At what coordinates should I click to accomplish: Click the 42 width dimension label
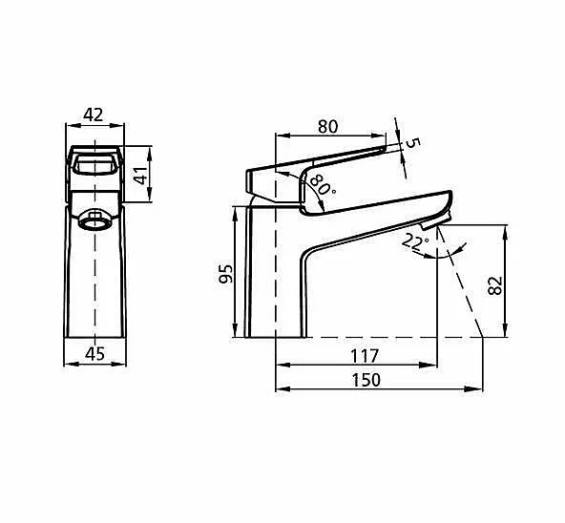pyautogui.click(x=94, y=115)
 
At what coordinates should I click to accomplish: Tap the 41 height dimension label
pyautogui.click(x=141, y=176)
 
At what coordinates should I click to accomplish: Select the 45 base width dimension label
pyautogui.click(x=95, y=353)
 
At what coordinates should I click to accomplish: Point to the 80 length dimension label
pyautogui.click(x=328, y=127)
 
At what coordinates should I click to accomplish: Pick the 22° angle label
pyautogui.click(x=415, y=241)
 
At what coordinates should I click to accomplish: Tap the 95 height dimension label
pyautogui.click(x=226, y=274)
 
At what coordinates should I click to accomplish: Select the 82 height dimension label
pyautogui.click(x=495, y=285)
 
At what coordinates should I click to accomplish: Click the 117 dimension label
pyautogui.click(x=365, y=356)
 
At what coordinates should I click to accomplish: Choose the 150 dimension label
pyautogui.click(x=366, y=380)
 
